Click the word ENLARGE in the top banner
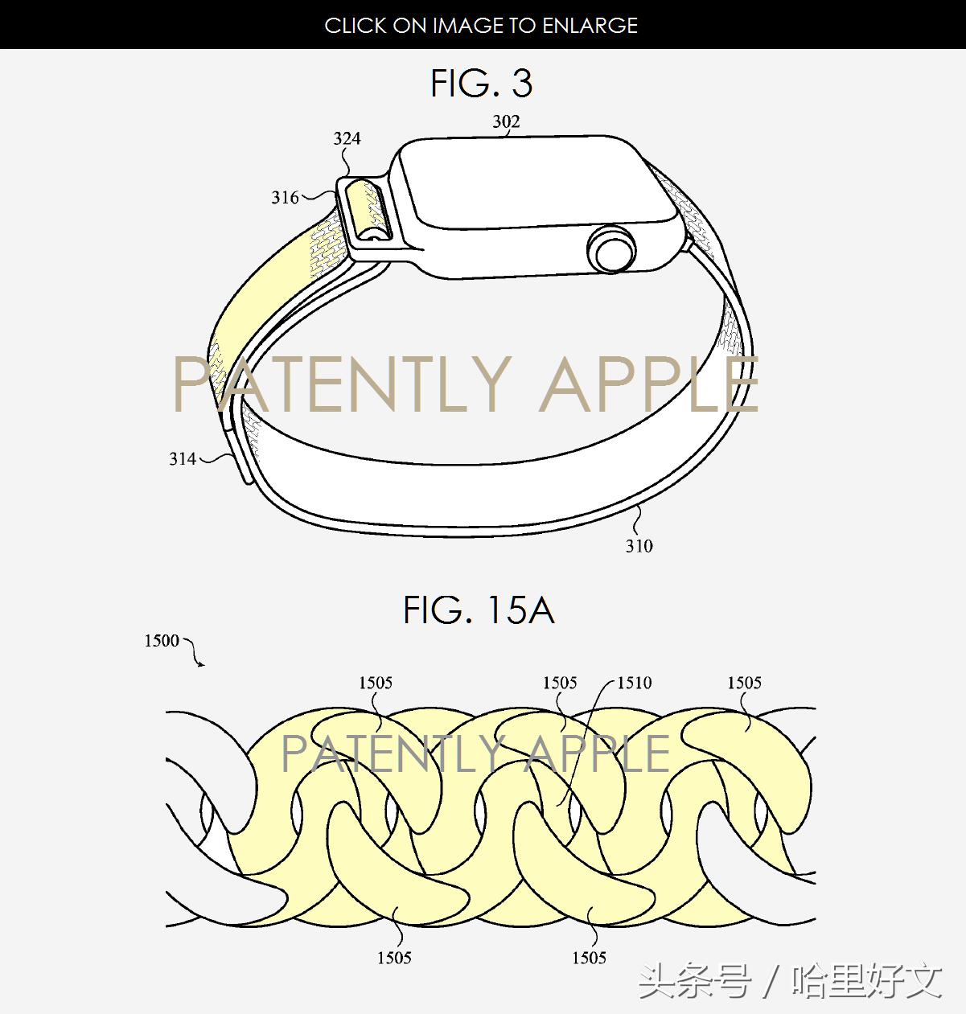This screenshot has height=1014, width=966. tap(590, 26)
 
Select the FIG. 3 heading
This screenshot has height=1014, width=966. tap(482, 84)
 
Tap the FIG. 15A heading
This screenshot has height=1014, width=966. tap(479, 610)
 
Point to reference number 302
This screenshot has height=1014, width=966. tap(506, 121)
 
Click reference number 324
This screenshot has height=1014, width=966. tap(347, 138)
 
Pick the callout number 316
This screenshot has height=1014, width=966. tap(285, 198)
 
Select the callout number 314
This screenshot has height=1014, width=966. tap(183, 459)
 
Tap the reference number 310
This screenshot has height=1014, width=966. tap(639, 546)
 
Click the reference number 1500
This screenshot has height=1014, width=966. tap(161, 641)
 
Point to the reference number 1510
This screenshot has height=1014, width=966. tap(634, 684)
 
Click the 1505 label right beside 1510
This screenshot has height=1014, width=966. tap(559, 684)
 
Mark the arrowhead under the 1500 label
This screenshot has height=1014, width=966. tap(200, 663)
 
